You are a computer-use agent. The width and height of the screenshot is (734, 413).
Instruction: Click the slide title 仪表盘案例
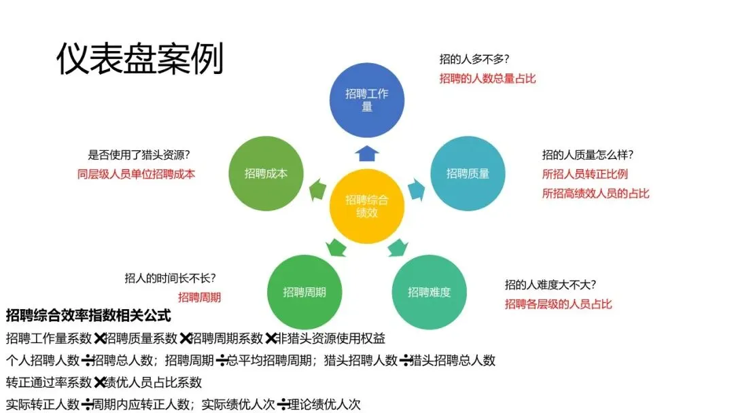point(139,59)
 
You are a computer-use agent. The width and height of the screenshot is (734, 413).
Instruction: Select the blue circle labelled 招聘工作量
point(367,101)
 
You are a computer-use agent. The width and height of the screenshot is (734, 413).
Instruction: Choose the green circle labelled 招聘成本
point(266,173)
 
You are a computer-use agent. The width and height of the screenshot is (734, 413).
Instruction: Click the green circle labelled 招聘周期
point(304,292)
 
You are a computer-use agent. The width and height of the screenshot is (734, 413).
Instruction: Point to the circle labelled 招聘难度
point(429,292)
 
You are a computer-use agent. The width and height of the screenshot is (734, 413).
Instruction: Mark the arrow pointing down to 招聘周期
point(336,248)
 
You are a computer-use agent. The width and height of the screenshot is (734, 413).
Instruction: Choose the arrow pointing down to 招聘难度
point(398,248)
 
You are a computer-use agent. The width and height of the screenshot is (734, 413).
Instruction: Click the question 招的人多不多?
point(474,59)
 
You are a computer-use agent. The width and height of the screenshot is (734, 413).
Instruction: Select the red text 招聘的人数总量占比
point(487,78)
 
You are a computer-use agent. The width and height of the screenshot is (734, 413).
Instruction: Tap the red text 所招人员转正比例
point(584,174)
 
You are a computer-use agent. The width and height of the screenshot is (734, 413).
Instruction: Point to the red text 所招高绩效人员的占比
point(595,194)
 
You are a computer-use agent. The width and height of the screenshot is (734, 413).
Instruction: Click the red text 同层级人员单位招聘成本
point(137,174)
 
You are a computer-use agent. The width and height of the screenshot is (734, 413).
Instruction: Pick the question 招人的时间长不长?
point(171,278)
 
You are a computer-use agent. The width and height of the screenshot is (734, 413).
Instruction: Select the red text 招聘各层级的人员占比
point(558,304)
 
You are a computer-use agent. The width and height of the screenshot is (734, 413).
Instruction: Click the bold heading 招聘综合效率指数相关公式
point(88,316)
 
